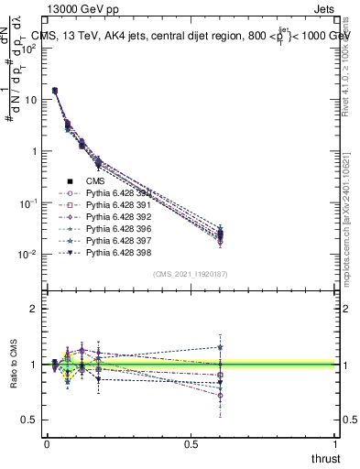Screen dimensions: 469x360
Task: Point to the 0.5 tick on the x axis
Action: tap(191, 444)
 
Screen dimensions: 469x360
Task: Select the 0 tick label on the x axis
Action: tap(47, 444)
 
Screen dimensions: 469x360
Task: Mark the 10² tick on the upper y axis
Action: tap(30, 49)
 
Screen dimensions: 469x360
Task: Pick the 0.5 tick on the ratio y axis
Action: tap(30, 420)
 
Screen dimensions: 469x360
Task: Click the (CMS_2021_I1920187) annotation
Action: tap(191, 273)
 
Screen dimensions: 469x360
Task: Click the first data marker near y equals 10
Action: tap(55, 91)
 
